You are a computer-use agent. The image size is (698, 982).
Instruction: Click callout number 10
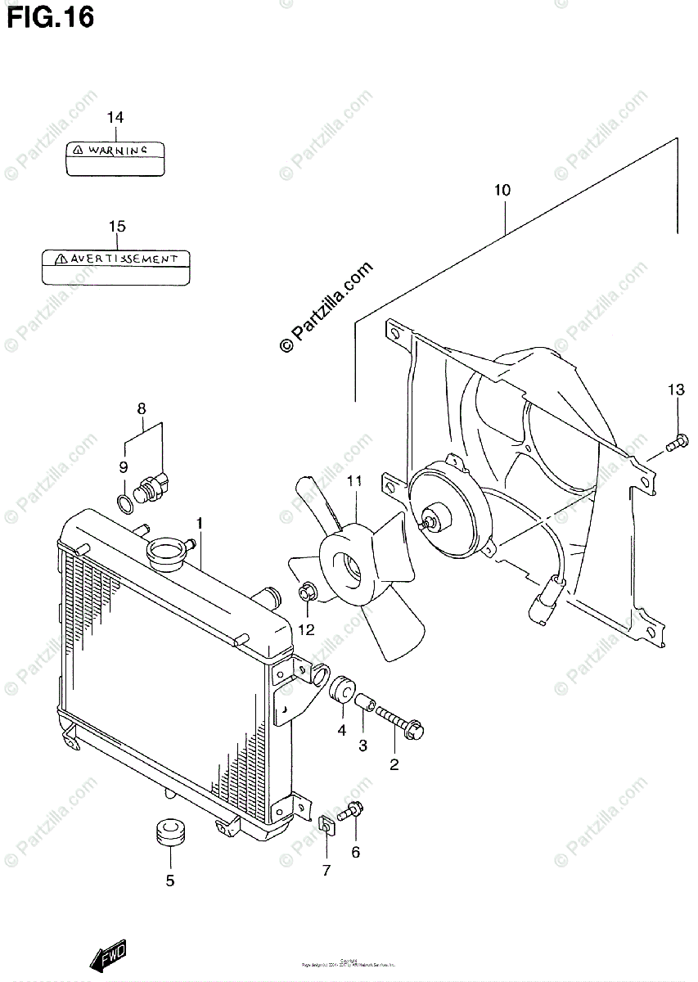click(502, 191)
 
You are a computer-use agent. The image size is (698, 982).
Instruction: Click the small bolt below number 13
click(673, 444)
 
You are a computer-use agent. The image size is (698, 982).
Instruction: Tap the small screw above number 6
click(350, 812)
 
